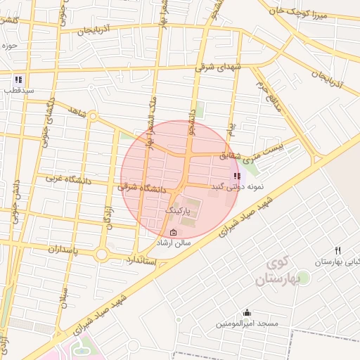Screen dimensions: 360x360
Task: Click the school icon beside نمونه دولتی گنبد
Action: (236, 176)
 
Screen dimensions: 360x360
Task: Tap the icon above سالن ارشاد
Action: (174, 233)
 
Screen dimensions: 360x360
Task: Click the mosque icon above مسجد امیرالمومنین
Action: (247, 313)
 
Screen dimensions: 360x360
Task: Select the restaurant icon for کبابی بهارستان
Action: (338, 250)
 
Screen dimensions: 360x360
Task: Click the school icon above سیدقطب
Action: (18, 79)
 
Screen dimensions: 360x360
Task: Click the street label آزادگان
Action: (109, 217)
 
